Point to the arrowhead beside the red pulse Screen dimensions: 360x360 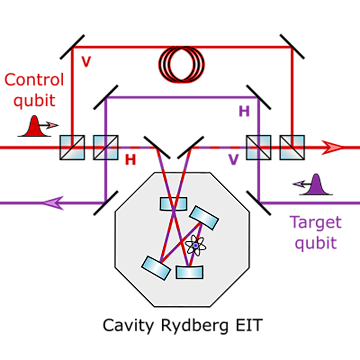(53, 125)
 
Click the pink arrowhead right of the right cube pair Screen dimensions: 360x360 (332, 148)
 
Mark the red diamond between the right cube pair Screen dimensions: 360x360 (276, 147)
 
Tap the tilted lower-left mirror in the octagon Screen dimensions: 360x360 (156, 266)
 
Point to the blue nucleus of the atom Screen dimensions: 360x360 (195, 245)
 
